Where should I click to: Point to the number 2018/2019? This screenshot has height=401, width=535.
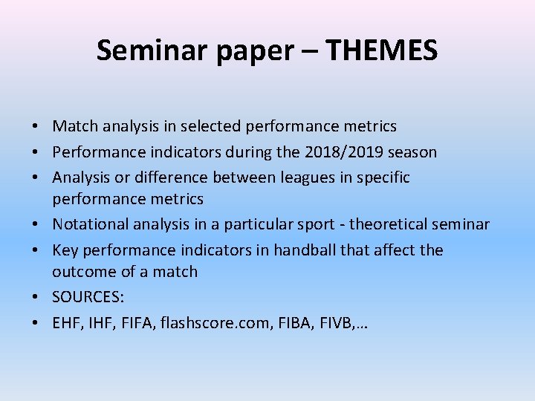(x=339, y=152)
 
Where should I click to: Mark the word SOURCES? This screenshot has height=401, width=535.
(x=88, y=297)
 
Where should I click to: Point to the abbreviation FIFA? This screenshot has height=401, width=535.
(x=134, y=322)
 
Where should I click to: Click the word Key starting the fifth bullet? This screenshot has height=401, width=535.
(x=65, y=250)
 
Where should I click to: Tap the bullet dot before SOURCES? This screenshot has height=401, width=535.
(x=36, y=297)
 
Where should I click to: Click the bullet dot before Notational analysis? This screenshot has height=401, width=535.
(x=36, y=224)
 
